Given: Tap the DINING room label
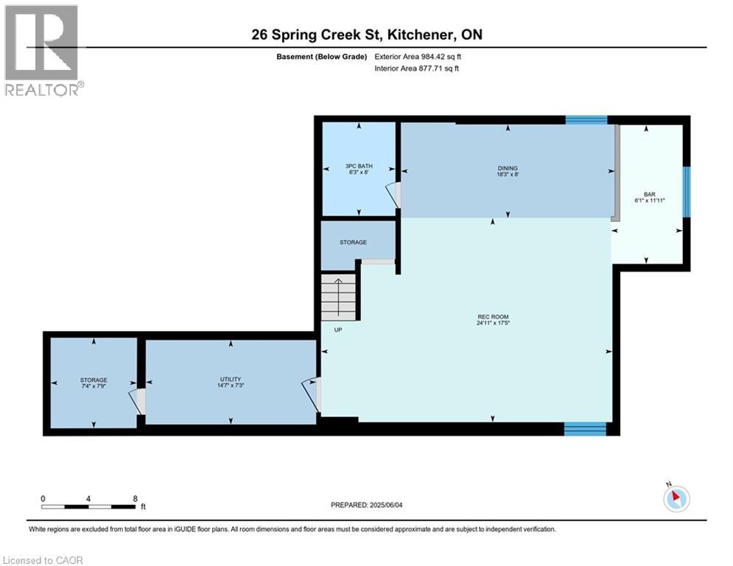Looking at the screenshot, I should point(508,168).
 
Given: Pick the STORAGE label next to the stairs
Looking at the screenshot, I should point(353,242).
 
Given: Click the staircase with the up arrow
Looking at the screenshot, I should point(338,296).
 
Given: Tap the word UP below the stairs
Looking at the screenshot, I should point(338,329).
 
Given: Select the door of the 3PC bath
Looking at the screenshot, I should point(396,195).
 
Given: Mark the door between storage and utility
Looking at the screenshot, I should point(138,402).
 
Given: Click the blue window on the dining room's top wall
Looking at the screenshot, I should point(586,119).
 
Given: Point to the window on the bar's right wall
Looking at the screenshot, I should point(686,192).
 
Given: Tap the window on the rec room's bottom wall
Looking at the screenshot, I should point(585,428).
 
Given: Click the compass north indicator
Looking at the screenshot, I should point(676,498).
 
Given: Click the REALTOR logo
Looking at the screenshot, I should point(42,49).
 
